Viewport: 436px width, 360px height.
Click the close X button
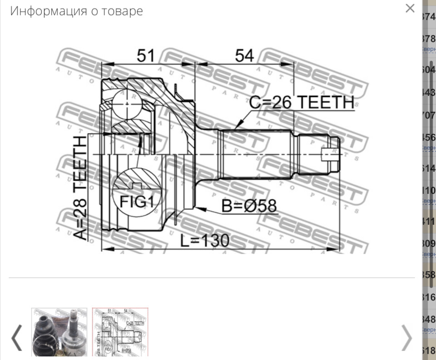pyautogui.click(x=410, y=8)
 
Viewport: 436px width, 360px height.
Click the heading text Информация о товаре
pyautogui.click(x=76, y=11)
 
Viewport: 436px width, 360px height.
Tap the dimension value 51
pyautogui.click(x=146, y=56)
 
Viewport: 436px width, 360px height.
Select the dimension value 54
pyautogui.click(x=244, y=56)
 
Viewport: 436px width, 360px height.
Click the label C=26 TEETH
pyautogui.click(x=302, y=103)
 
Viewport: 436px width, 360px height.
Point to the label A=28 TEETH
pyautogui.click(x=80, y=188)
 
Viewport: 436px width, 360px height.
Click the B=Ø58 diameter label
pyautogui.click(x=249, y=207)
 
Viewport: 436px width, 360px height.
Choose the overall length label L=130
pyautogui.click(x=204, y=241)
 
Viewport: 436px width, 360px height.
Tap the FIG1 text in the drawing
pyautogui.click(x=137, y=201)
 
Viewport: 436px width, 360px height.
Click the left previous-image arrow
pyautogui.click(x=16, y=337)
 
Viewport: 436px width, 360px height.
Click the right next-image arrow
pyautogui.click(x=406, y=337)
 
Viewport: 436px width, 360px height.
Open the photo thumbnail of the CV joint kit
pyautogui.click(x=59, y=332)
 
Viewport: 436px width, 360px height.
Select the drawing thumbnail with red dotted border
pyautogui.click(x=120, y=332)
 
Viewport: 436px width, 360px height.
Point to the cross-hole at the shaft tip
pyautogui.click(x=330, y=155)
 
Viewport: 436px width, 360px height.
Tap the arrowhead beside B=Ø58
pyautogui.click(x=201, y=209)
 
